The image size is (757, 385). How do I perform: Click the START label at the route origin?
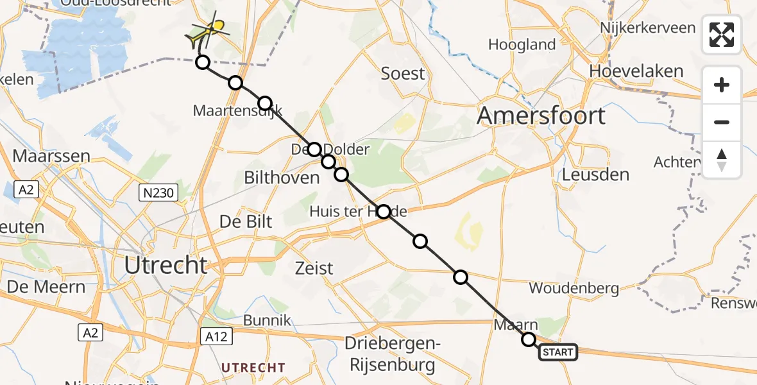557,352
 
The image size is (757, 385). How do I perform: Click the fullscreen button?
722,35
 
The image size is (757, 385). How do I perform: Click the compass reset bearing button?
722,160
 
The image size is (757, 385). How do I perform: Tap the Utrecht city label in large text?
167,264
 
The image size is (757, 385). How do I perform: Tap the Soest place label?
403,73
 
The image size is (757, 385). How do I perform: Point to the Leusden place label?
595,175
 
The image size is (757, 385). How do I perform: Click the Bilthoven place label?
282,178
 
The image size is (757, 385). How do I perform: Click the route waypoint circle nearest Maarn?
529,339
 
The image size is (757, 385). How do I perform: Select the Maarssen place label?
51,156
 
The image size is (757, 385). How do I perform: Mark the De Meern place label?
46,286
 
